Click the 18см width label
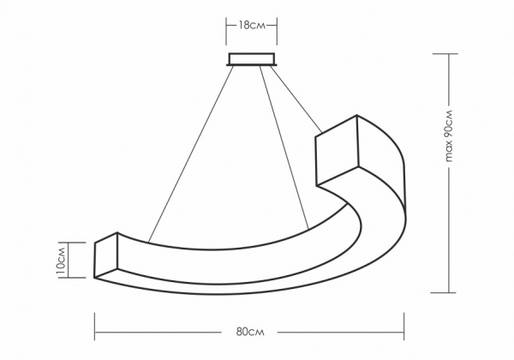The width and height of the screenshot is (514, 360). click(251, 25)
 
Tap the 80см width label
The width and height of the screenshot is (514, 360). click(250, 332)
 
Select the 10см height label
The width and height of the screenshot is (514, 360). click(62, 261)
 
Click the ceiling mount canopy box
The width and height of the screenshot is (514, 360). click(251, 59)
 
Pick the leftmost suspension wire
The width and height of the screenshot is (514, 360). click(191, 154)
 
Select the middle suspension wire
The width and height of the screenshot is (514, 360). click(284, 147)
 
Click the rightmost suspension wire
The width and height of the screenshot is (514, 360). click(296, 99)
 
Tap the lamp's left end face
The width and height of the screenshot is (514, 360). click(106, 255)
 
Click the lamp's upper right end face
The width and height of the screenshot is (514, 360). click(337, 151)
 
